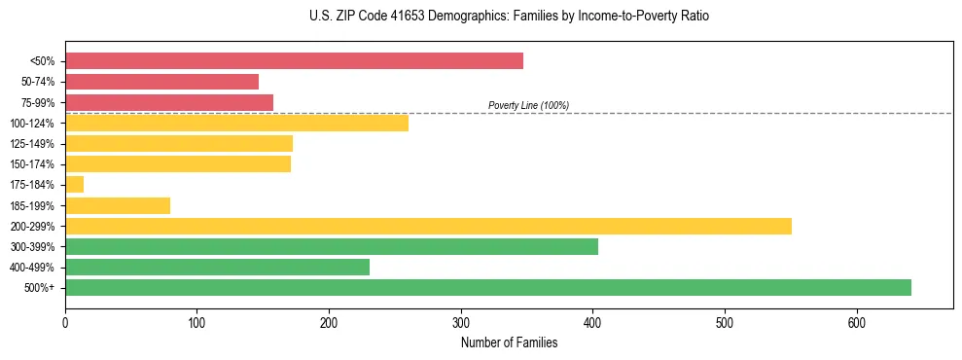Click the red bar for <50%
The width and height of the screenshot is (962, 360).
tap(294, 61)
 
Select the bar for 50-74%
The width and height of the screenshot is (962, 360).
tap(161, 82)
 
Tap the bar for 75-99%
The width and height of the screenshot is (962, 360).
tap(169, 102)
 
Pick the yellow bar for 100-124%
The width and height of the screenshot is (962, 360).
tap(236, 123)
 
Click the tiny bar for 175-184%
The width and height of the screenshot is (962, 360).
tap(74, 184)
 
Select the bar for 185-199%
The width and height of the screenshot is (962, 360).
tap(118, 205)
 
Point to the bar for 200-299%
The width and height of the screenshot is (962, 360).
tap(428, 226)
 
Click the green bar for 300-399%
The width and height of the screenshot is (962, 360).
tap(332, 246)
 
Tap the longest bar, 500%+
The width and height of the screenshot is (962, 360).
tap(488, 287)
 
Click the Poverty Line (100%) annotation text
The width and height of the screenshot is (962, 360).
tap(528, 105)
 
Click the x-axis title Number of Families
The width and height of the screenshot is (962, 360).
tap(509, 342)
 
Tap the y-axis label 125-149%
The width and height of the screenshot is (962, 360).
tap(32, 144)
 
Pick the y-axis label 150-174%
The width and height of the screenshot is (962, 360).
tap(32, 164)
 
